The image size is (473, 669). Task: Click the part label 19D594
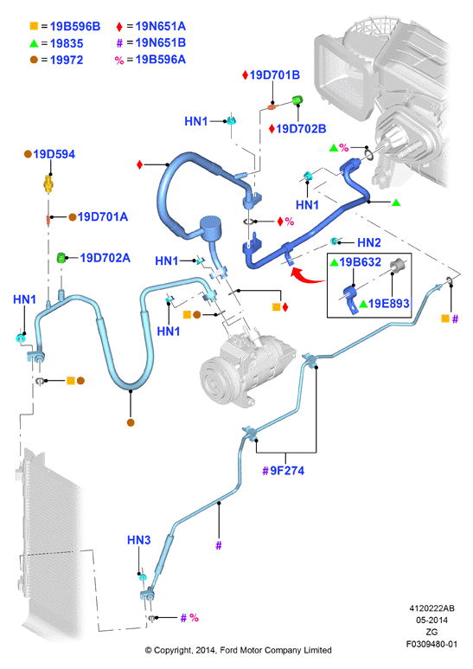[x=54, y=154]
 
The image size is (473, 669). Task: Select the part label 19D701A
[x=103, y=216]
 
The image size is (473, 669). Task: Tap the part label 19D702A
[x=105, y=258]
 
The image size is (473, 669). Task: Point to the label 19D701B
[x=275, y=75]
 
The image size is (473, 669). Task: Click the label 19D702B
[x=301, y=128]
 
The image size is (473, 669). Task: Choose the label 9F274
[x=287, y=471]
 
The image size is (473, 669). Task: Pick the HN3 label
[x=139, y=540]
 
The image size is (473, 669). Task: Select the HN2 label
[x=369, y=243]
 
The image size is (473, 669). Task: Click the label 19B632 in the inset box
[x=361, y=262]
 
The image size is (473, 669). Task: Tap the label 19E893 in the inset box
[x=389, y=304]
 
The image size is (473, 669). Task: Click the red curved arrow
[x=307, y=276]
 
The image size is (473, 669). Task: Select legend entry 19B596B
[x=75, y=27]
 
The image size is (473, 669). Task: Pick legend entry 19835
[x=67, y=43]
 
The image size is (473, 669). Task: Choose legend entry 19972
[x=67, y=61]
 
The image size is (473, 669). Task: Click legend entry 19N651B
[x=161, y=42]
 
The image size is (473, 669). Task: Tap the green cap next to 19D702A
[x=61, y=258]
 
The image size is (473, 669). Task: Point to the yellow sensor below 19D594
[x=49, y=184]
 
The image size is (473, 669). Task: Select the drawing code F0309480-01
[x=431, y=644]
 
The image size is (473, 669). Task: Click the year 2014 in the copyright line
[x=206, y=650]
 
